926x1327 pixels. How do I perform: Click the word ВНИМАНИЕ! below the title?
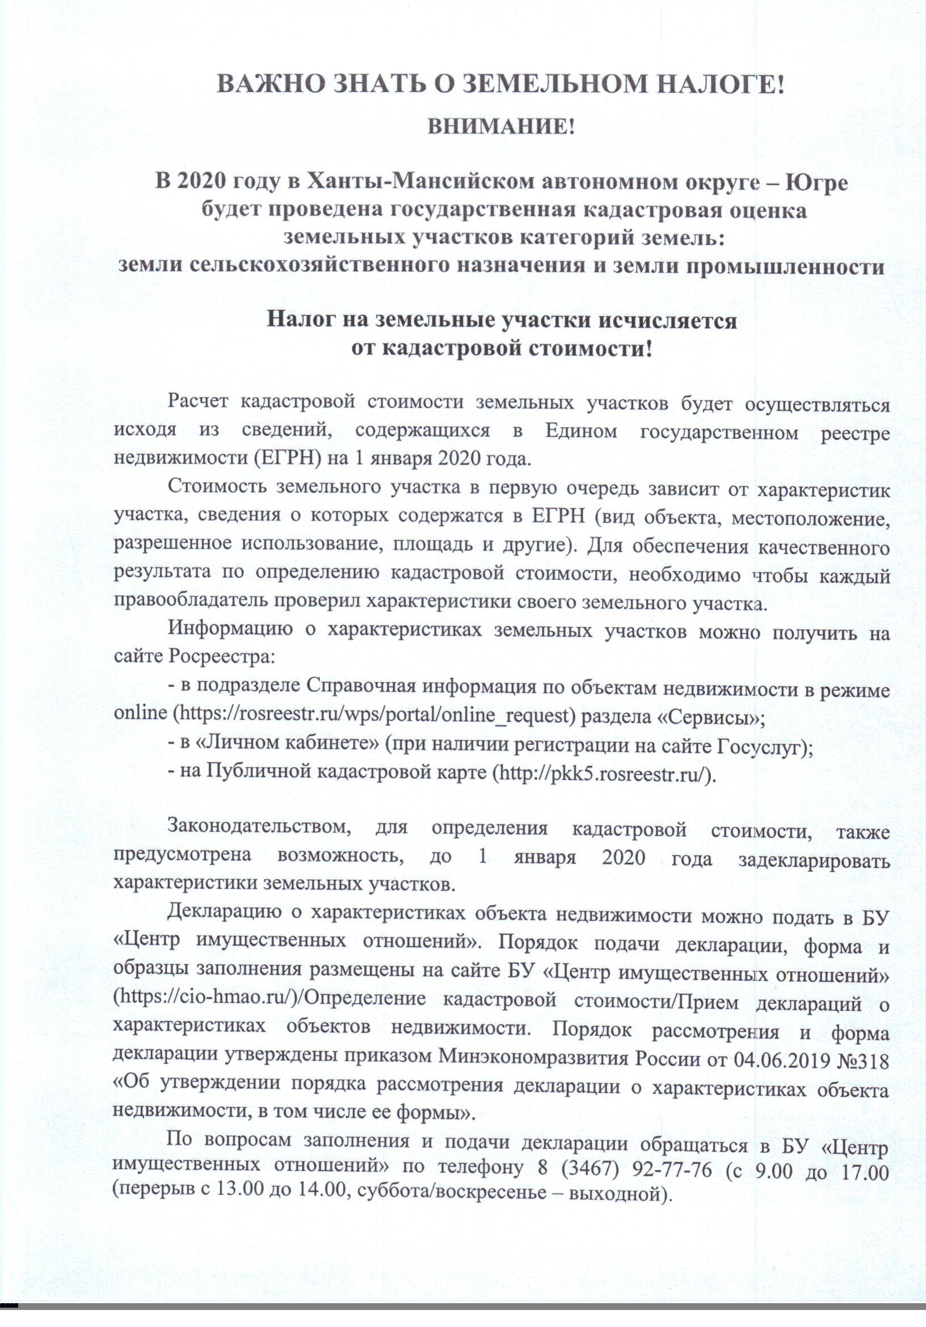[x=501, y=126]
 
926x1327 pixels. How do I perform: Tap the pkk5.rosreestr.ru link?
[x=604, y=774]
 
